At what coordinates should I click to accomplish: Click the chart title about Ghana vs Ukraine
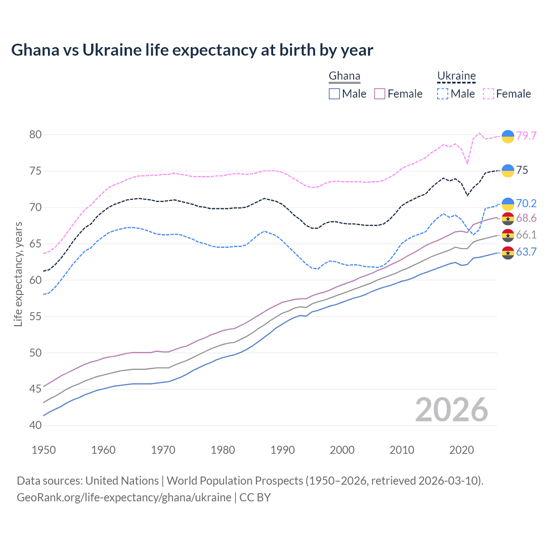tap(192, 50)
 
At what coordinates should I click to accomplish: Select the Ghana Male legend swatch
tap(334, 94)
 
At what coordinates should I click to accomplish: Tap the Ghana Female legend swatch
tap(380, 94)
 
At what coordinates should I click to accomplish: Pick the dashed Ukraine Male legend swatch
tap(443, 94)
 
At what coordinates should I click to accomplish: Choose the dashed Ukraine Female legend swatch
tap(488, 94)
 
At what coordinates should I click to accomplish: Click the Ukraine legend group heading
tap(456, 76)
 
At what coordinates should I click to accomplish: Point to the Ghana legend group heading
tap(344, 76)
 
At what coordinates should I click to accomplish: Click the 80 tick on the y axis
tap(36, 134)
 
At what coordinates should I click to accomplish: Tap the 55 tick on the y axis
tap(36, 316)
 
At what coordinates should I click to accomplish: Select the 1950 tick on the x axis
tap(44, 450)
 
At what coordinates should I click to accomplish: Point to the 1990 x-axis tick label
tap(283, 450)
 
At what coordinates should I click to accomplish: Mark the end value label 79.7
tap(526, 136)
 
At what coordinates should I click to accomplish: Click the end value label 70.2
tap(526, 204)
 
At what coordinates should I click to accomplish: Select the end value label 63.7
tap(526, 252)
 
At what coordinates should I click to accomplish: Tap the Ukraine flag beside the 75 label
tap(508, 170)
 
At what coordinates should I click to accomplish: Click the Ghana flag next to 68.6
tap(508, 218)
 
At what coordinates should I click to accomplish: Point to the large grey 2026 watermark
tap(451, 410)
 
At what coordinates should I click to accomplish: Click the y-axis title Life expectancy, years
tap(18, 274)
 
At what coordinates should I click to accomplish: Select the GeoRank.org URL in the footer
tap(124, 497)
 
